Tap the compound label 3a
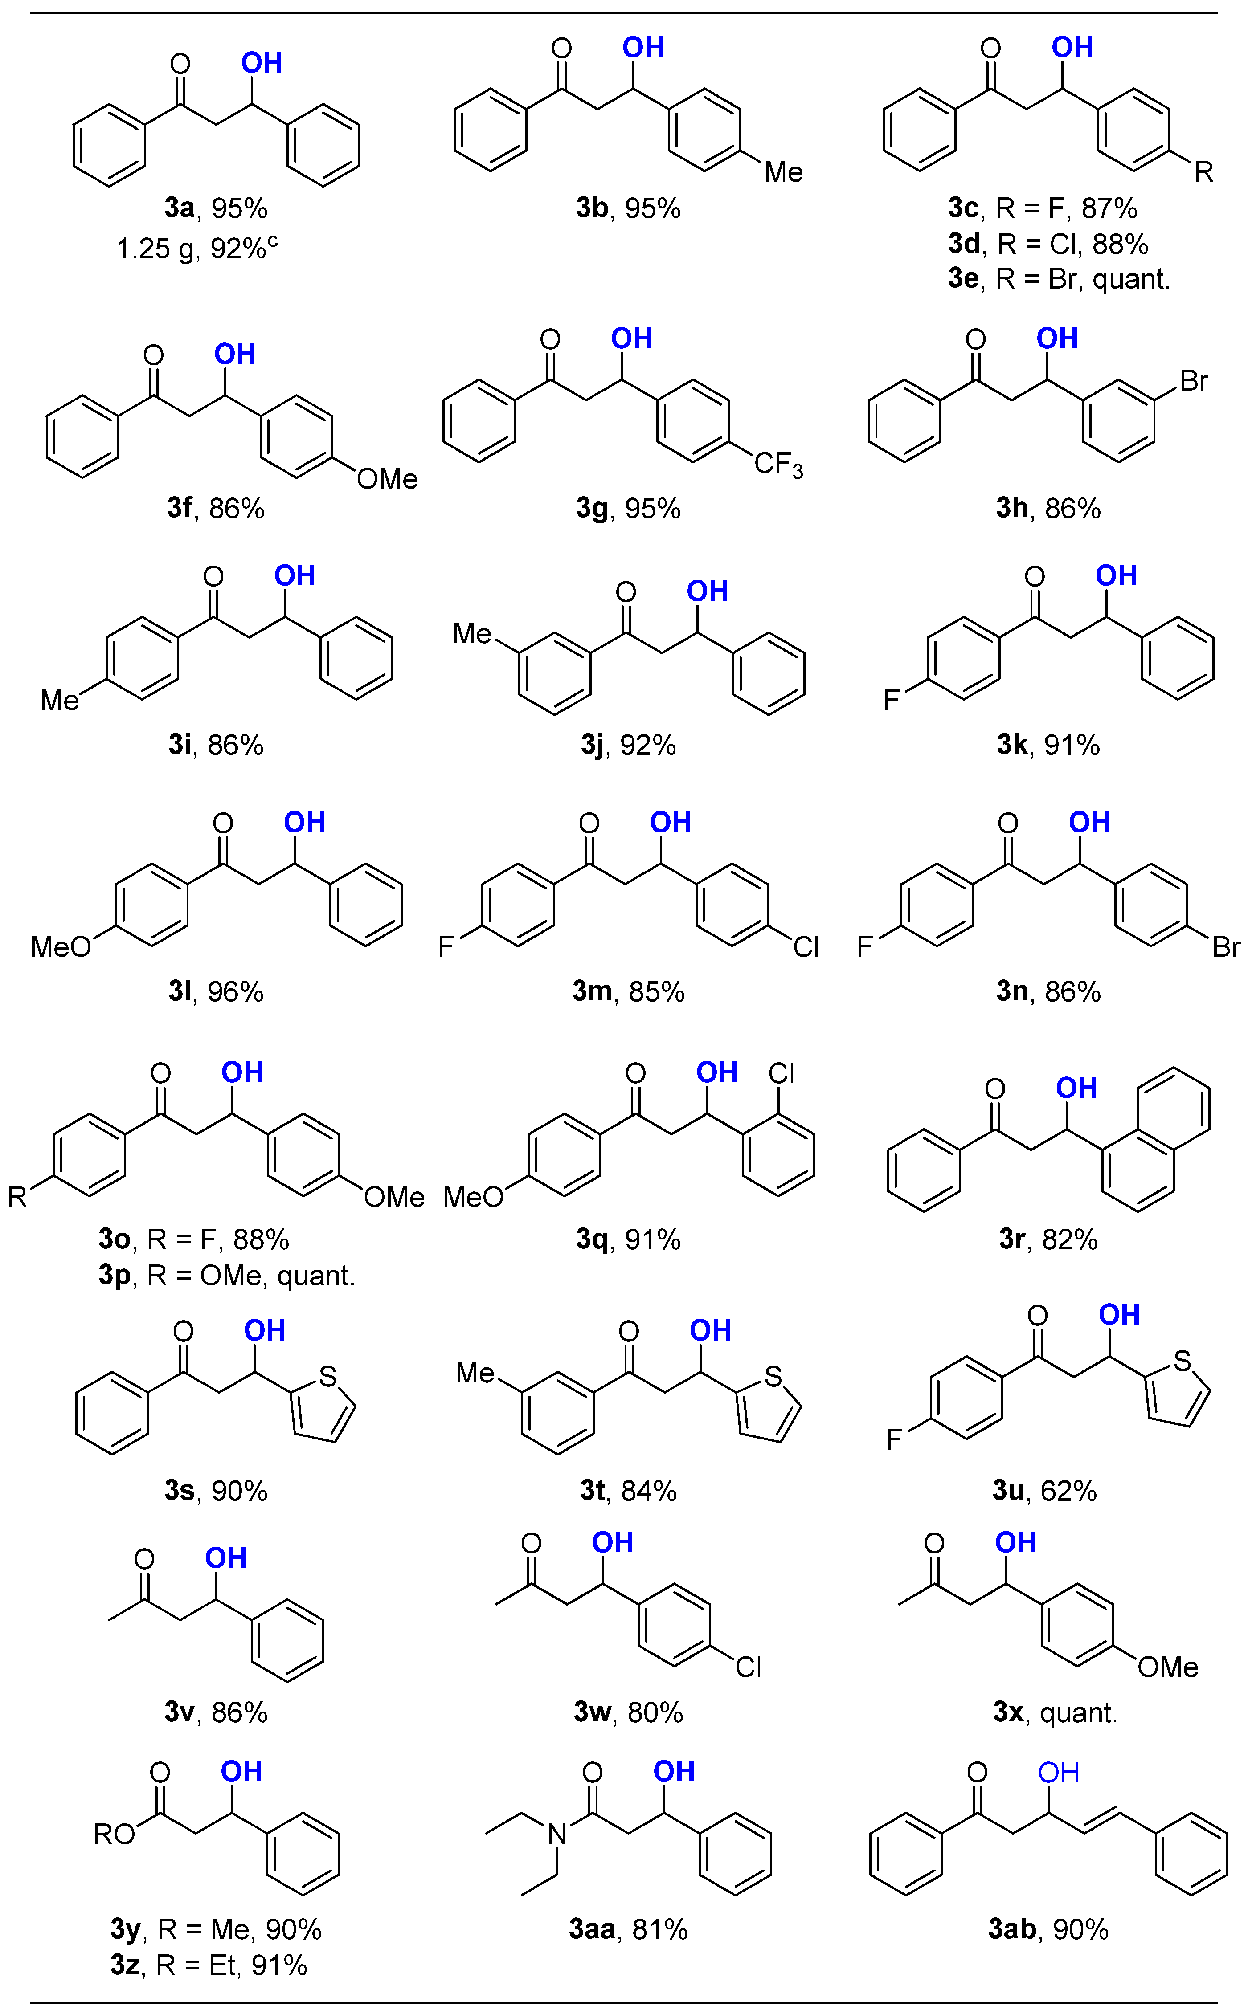click(x=178, y=208)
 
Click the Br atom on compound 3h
click(x=1194, y=381)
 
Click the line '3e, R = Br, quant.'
click(x=1059, y=279)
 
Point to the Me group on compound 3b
click(x=783, y=172)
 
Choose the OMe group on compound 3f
click(x=387, y=478)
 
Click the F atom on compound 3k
click(x=892, y=701)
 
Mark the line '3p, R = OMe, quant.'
click(x=227, y=1276)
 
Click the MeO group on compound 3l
click(x=60, y=946)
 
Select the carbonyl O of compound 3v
click(x=144, y=1558)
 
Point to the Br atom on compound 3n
click(x=1226, y=946)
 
